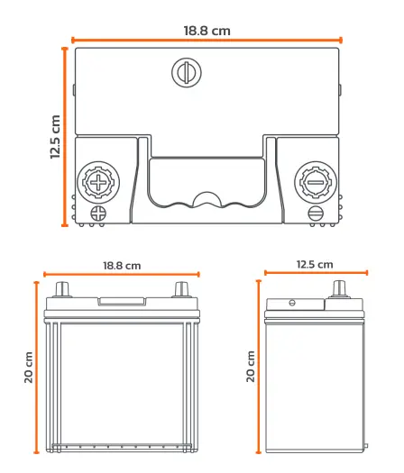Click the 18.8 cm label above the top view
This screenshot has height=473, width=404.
pyautogui.click(x=207, y=31)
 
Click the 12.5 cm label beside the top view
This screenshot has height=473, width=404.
pyautogui.click(x=55, y=137)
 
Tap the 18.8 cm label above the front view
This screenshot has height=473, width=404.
pyautogui.click(x=122, y=266)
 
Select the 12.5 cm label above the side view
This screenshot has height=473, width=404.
pyautogui.click(x=315, y=265)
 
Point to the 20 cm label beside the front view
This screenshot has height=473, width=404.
pyautogui.click(x=28, y=368)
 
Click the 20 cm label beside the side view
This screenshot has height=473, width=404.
pyautogui.click(x=251, y=366)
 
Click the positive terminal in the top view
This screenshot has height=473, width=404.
pyautogui.click(x=98, y=183)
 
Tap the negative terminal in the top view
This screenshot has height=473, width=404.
pyautogui.click(x=316, y=183)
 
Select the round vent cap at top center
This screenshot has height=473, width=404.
pyautogui.click(x=187, y=73)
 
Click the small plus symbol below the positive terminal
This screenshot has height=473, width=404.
pyautogui.click(x=98, y=214)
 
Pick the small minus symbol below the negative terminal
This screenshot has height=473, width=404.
pyautogui.click(x=316, y=214)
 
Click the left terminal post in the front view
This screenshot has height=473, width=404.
pyautogui.click(x=62, y=289)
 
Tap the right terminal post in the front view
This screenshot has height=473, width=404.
pyautogui.click(x=182, y=289)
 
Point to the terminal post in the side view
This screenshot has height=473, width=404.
pyautogui.click(x=339, y=289)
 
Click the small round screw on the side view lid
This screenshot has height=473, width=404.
pyautogui.click(x=292, y=303)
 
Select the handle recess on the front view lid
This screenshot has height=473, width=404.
pyautogui.click(x=122, y=301)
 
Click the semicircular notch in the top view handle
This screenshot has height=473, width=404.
pyautogui.click(x=207, y=199)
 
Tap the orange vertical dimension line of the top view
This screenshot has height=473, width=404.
pyautogui.click(x=64, y=136)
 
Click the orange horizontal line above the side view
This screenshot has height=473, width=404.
pyautogui.click(x=317, y=273)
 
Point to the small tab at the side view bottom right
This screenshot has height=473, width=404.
pyautogui.click(x=366, y=445)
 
